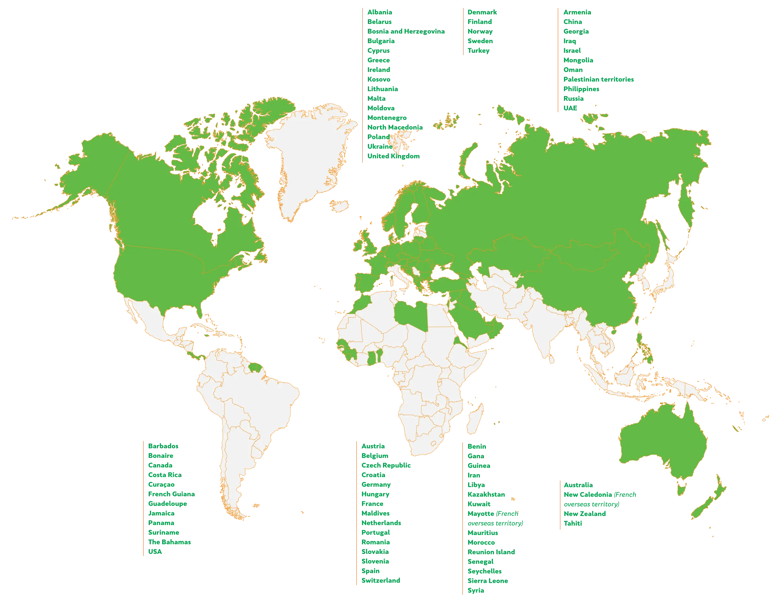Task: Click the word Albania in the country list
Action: (380, 12)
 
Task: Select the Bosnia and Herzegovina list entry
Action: (406, 32)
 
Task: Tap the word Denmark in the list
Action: (482, 12)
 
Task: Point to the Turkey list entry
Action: (479, 51)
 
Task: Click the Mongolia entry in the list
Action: (578, 60)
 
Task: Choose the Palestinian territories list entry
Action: (598, 79)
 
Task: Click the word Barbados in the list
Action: (163, 446)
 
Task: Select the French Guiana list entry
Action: (172, 494)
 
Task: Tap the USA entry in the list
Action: (156, 552)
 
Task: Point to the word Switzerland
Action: (380, 580)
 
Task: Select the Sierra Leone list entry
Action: (487, 581)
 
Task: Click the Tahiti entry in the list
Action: (572, 523)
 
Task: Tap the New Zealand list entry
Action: (585, 514)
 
